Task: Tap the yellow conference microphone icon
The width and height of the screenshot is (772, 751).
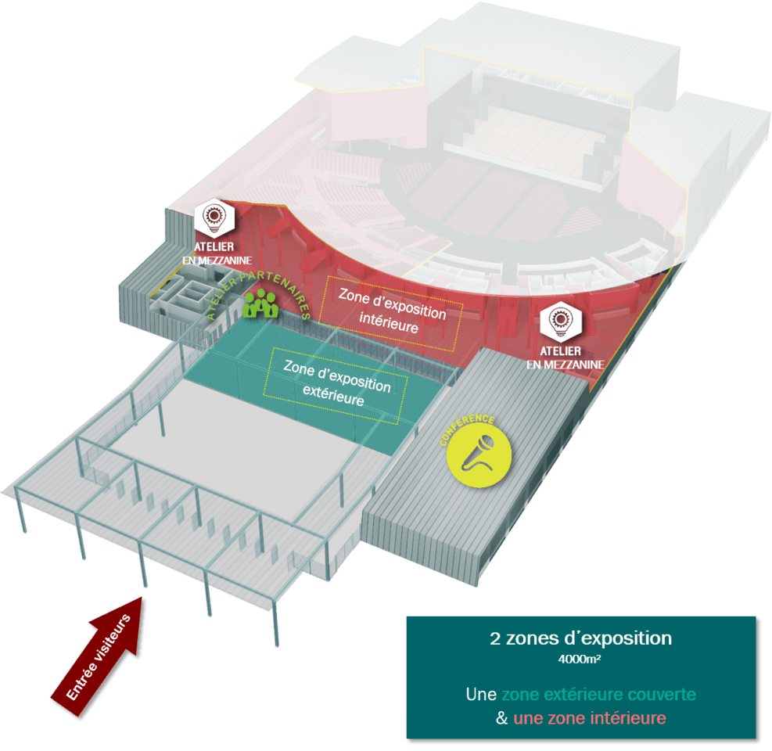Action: tap(479, 455)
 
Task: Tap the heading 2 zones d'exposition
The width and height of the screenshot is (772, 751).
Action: tap(580, 638)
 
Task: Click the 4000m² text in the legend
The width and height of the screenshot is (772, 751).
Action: tap(580, 658)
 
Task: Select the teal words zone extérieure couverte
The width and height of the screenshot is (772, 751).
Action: tap(598, 694)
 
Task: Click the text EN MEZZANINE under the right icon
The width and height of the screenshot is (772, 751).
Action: tap(565, 364)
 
